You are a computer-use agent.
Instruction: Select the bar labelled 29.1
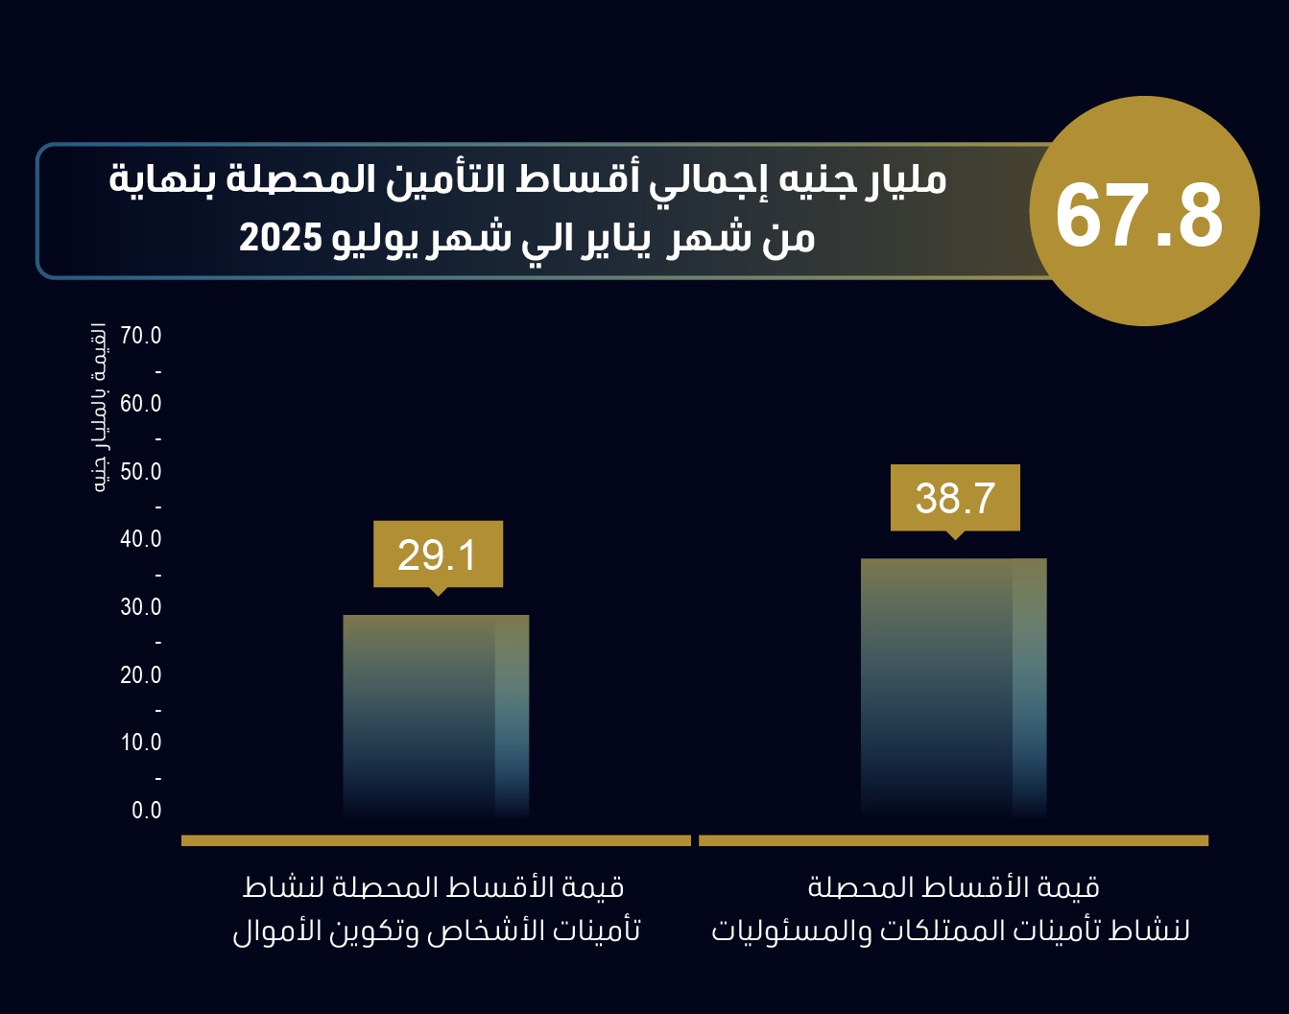tap(436, 715)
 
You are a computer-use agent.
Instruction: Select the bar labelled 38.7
tap(953, 686)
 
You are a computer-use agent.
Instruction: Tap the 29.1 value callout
tap(438, 555)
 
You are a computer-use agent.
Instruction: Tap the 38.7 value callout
tap(955, 499)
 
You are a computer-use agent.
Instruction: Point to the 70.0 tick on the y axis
tap(141, 336)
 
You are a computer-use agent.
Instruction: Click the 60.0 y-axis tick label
tap(141, 404)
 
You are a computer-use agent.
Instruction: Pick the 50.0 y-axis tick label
tap(141, 472)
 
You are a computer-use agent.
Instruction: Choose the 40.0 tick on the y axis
tap(141, 539)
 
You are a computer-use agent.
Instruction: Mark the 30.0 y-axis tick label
tap(141, 607)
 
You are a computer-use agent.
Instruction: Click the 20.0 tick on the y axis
tap(141, 675)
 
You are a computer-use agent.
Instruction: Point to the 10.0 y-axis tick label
tap(141, 743)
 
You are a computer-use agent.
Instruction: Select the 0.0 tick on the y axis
tap(147, 811)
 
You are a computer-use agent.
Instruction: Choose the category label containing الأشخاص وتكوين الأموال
tap(436, 908)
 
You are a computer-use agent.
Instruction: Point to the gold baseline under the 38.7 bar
tap(953, 840)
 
